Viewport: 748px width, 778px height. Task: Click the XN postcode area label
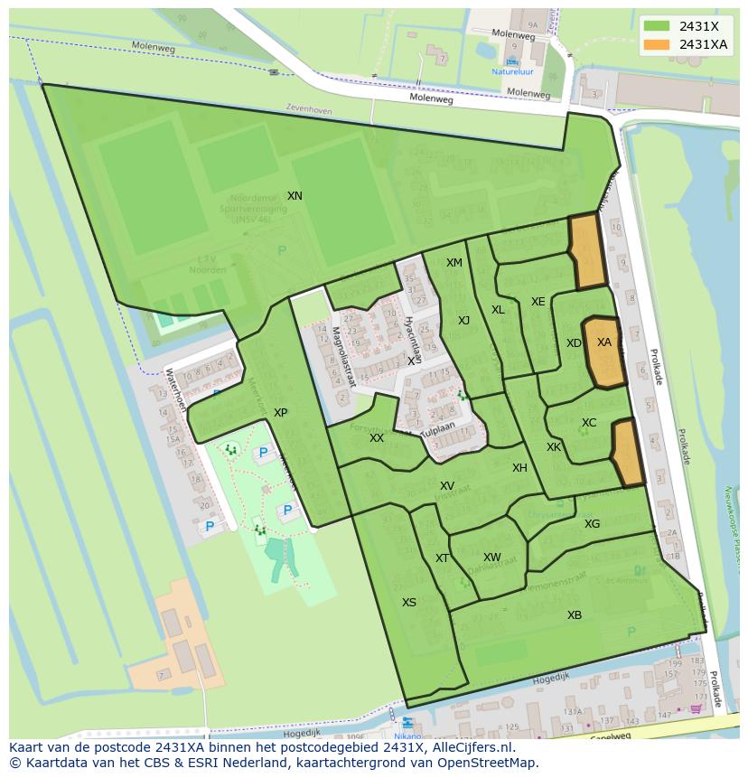click(x=295, y=196)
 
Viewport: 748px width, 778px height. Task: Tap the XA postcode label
click(x=604, y=342)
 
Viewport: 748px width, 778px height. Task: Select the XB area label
click(x=575, y=615)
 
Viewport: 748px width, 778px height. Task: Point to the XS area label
click(x=409, y=603)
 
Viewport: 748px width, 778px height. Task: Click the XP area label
click(x=281, y=413)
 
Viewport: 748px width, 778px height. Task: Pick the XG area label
click(x=592, y=524)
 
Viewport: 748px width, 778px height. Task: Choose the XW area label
click(x=491, y=558)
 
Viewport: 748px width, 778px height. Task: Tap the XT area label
click(x=442, y=558)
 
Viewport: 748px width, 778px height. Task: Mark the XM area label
click(x=454, y=263)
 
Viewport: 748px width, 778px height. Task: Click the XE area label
click(x=538, y=302)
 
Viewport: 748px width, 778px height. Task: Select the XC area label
click(x=589, y=423)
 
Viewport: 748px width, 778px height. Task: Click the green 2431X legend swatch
click(x=657, y=25)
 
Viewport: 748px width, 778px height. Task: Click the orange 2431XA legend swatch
click(x=657, y=44)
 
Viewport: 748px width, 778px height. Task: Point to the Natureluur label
click(x=512, y=71)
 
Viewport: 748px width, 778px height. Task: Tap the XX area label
click(x=377, y=438)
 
